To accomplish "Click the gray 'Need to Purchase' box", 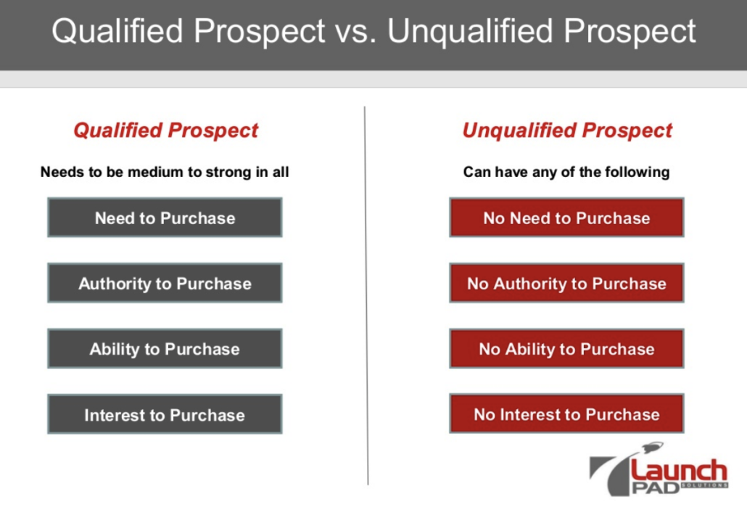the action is tap(165, 218).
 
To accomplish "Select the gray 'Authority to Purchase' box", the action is tap(165, 283).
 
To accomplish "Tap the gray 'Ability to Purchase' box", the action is tap(165, 348).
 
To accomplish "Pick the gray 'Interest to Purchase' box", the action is tap(165, 414).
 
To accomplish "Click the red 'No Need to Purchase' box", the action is tap(566, 218).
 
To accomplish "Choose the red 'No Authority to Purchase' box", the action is tap(566, 283).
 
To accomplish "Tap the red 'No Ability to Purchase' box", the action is tap(566, 348).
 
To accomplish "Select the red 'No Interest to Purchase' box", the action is tap(566, 413).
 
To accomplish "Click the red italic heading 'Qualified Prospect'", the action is tap(165, 131).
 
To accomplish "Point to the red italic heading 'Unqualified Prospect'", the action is tap(567, 131).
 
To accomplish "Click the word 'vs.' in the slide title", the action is tap(355, 31).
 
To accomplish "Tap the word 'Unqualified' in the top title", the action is tap(470, 31).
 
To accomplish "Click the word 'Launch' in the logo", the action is tap(679, 471).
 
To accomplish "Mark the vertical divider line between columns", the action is tap(366, 295).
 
